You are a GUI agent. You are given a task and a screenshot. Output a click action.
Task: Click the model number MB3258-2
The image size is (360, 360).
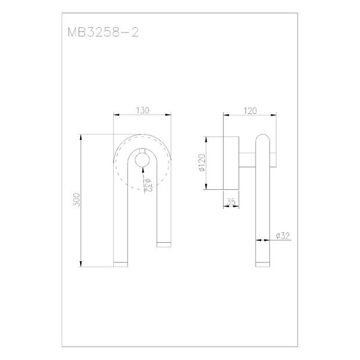click(103, 33)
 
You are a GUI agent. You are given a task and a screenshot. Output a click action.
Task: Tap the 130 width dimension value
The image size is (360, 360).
click(143, 110)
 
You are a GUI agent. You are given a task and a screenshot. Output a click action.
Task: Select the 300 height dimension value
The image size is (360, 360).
click(77, 200)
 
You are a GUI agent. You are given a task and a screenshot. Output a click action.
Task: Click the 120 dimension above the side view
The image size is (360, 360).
click(250, 111)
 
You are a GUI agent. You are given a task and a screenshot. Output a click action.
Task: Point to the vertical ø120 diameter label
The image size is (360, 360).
click(202, 163)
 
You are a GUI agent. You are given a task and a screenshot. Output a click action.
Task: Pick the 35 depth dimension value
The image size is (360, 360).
click(231, 202)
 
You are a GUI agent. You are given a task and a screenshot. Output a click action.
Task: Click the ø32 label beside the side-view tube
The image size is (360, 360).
click(283, 236)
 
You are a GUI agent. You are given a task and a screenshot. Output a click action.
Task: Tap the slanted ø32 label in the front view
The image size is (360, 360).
click(148, 185)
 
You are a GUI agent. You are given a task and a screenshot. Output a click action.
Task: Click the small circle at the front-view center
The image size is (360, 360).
click(142, 160)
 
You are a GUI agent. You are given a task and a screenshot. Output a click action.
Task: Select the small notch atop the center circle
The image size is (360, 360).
click(142, 150)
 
